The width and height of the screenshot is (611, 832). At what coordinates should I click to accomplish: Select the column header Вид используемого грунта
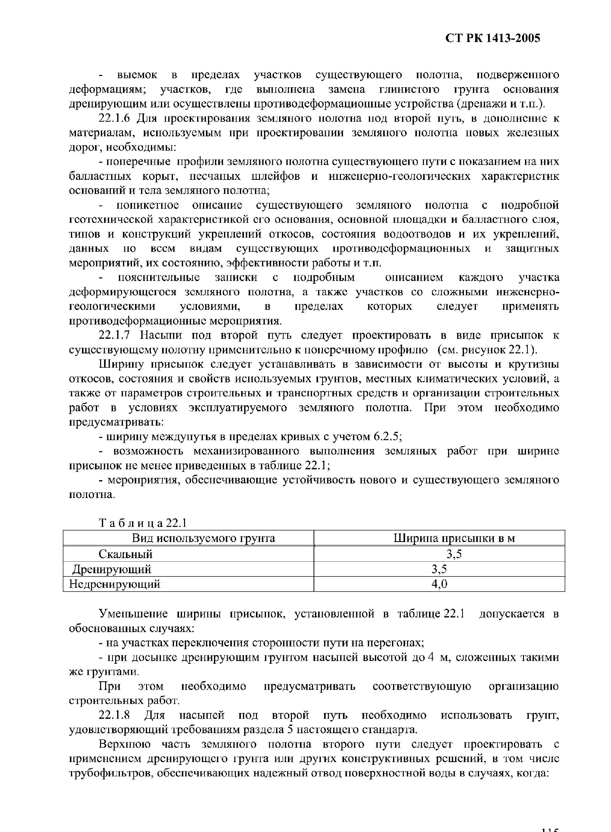point(203,538)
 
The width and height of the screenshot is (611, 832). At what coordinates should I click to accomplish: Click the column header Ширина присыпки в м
point(454,538)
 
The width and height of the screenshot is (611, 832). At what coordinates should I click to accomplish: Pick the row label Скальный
point(125,554)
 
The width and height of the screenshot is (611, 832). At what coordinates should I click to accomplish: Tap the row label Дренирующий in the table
point(111,569)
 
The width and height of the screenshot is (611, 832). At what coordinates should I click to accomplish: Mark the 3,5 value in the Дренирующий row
point(439,569)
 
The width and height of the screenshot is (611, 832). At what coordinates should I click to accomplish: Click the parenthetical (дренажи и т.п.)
point(501,104)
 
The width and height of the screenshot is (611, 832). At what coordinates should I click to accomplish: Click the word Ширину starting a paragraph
point(121,364)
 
